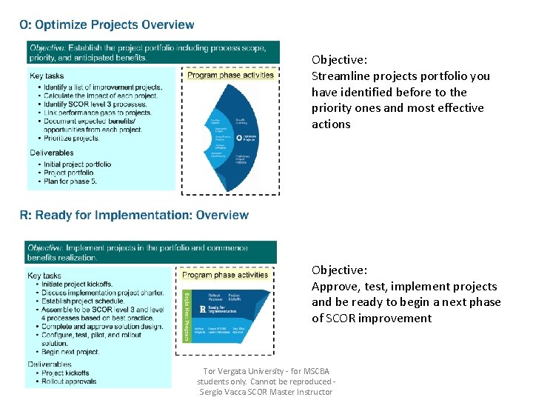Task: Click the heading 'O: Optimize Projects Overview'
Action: (107, 24)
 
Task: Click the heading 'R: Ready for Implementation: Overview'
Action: (134, 216)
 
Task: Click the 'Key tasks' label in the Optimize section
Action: (47, 76)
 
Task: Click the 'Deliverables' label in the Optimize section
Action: (52, 153)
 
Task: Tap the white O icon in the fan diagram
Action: (239, 138)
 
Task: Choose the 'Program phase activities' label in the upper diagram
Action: (230, 75)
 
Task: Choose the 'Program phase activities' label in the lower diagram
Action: (225, 275)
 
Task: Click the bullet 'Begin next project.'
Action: (72, 352)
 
